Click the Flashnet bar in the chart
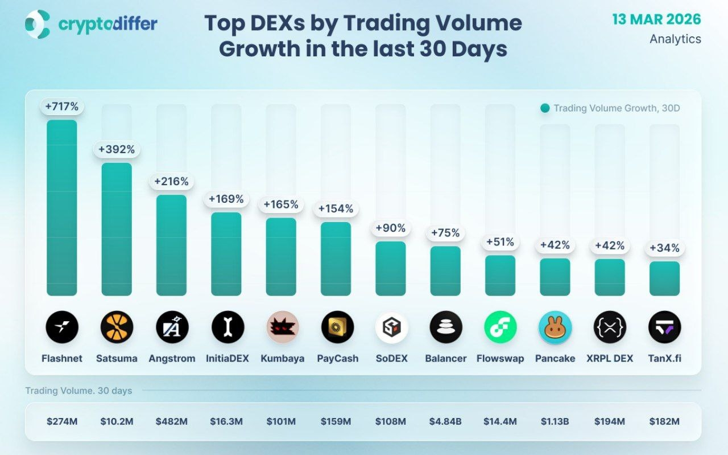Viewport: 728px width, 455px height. pos(61,208)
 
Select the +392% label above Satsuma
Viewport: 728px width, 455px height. pos(117,150)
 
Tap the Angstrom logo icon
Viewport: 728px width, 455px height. pos(172,327)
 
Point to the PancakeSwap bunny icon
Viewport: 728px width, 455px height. pos(555,327)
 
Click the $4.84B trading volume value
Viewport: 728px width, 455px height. pos(446,422)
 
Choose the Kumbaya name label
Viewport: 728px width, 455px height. pos(282,359)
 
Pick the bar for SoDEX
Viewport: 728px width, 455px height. pos(391,268)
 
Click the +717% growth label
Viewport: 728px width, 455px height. pos(61,106)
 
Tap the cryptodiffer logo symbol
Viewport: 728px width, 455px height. pos(38,24)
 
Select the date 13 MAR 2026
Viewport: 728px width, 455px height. pos(656,19)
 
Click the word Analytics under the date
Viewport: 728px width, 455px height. pos(675,39)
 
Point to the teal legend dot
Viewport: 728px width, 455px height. pos(545,108)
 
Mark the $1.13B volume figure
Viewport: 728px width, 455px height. pos(555,422)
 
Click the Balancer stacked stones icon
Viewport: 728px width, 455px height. pos(446,327)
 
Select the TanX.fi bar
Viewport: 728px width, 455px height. pos(664,278)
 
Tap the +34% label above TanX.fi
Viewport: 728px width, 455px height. pos(664,248)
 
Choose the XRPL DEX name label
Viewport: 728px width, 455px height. pos(610,359)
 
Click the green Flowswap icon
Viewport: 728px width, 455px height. pos(500,327)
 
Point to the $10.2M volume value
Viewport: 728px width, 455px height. pos(117,422)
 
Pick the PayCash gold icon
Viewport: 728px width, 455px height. pos(337,327)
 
